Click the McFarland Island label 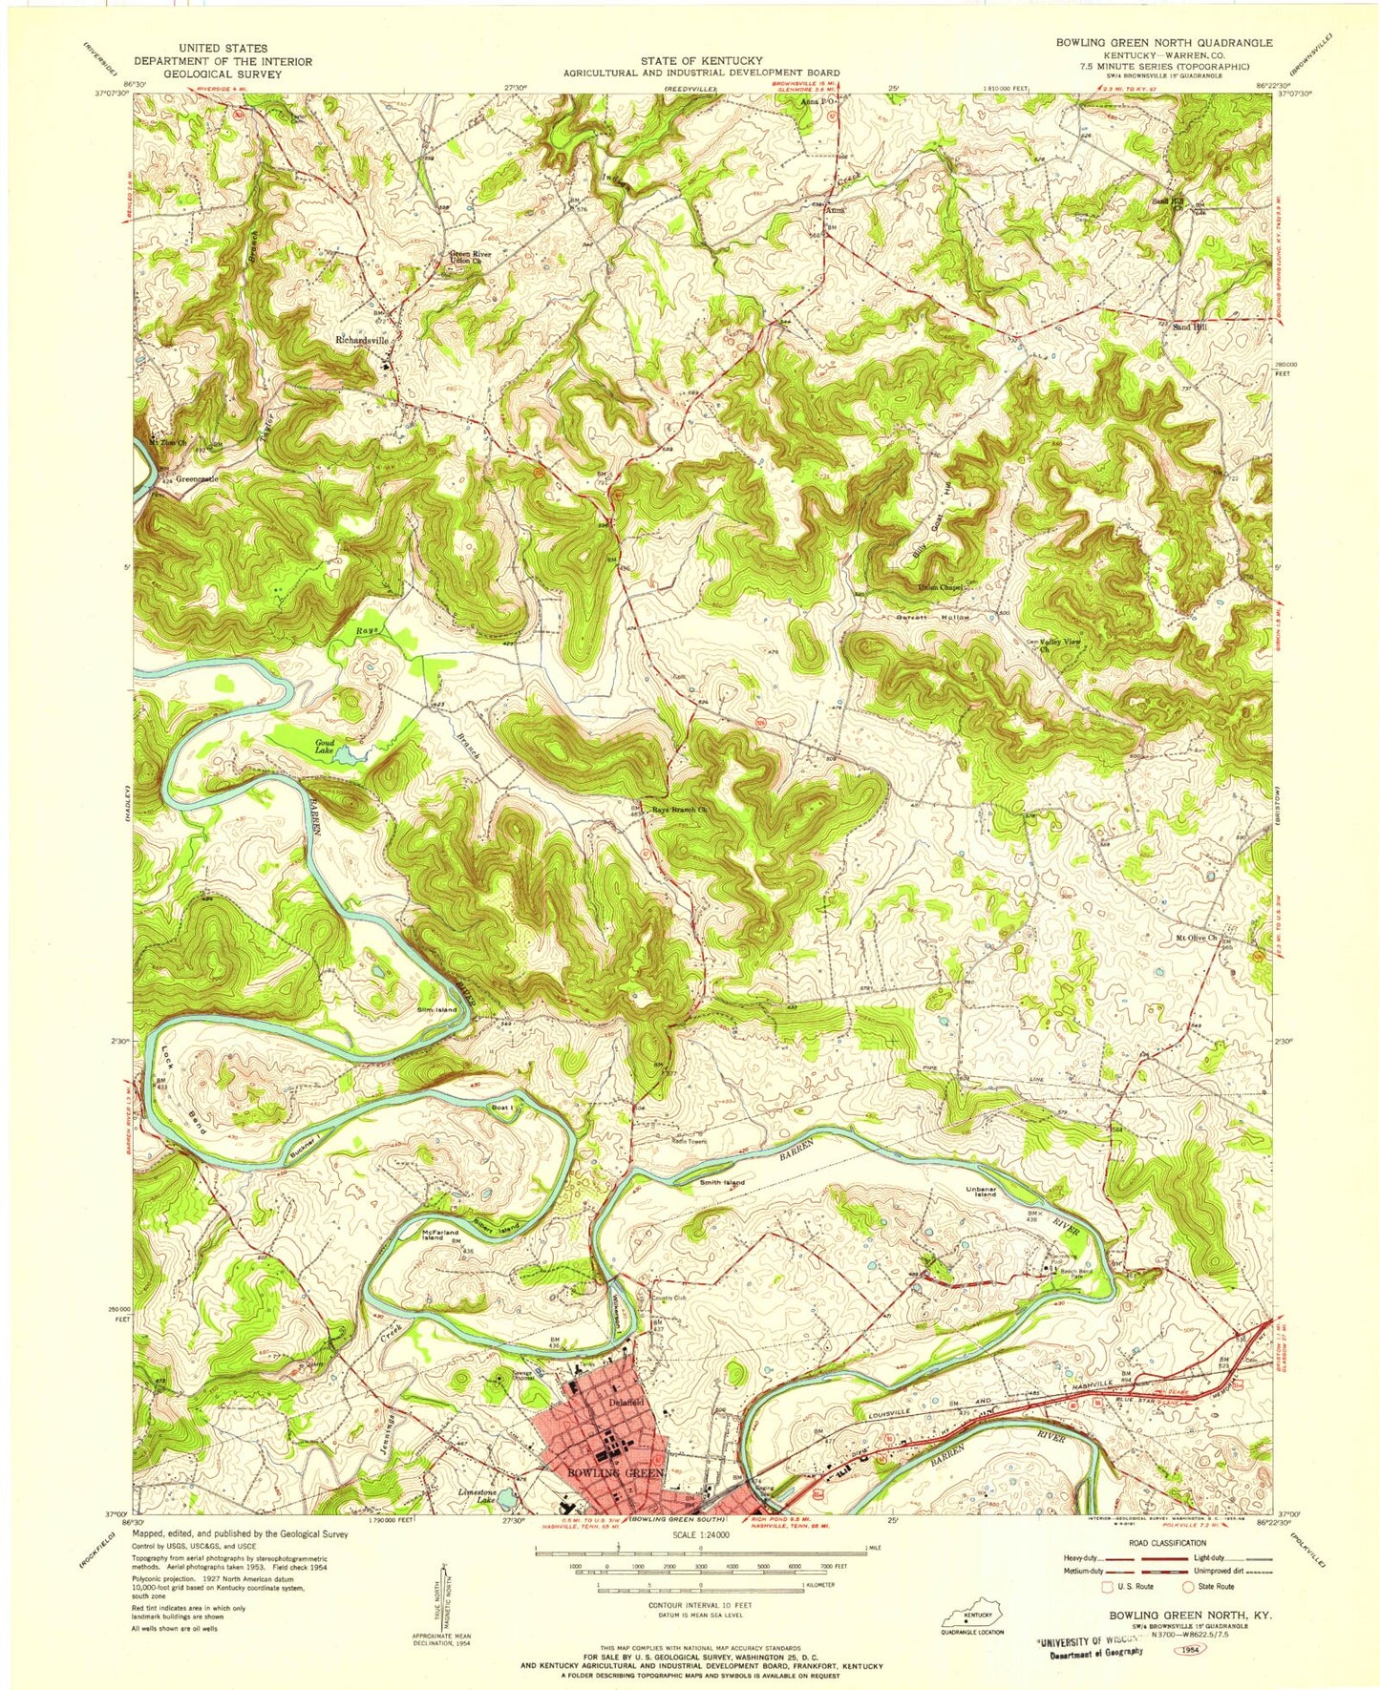click(x=442, y=1235)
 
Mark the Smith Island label click(x=722, y=1182)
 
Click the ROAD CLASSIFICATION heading click(x=1159, y=1542)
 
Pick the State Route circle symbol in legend click(x=1189, y=1586)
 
